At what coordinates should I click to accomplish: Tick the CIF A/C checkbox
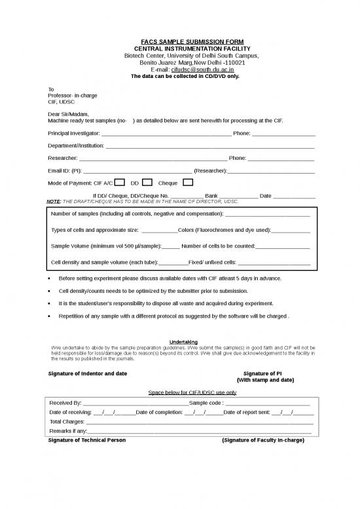click(120, 182)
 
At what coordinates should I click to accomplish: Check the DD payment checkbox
click(147, 182)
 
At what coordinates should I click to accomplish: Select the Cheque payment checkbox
click(188, 182)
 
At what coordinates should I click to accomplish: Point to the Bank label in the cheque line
click(211, 196)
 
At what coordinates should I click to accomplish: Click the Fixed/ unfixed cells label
click(212, 263)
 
